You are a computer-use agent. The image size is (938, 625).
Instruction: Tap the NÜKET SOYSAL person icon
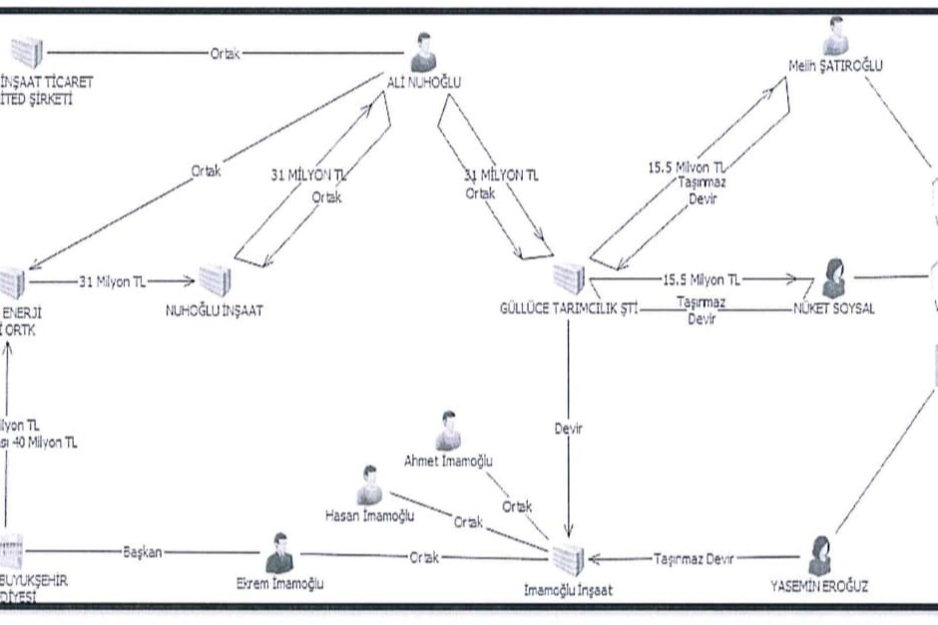(833, 276)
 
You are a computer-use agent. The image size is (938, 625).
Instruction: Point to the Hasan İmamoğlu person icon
(369, 483)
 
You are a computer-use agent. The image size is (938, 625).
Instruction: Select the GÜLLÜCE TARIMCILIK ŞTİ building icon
(568, 277)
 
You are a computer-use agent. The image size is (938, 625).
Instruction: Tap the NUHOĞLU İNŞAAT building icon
(215, 280)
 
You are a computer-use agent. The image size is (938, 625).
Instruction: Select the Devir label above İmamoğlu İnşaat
(567, 430)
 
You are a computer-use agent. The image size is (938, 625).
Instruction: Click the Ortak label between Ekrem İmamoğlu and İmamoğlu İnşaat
(425, 558)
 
